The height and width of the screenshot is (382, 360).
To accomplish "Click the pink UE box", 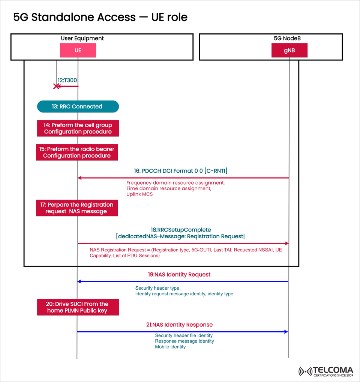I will pyautogui.click(x=78, y=50).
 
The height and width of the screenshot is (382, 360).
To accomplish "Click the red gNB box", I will pyautogui.click(x=289, y=50).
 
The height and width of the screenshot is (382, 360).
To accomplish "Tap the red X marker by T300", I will pyautogui.click(x=57, y=86).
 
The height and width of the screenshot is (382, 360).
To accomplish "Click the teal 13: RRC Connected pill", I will pyautogui.click(x=78, y=107).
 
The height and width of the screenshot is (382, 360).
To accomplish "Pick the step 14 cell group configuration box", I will pyautogui.click(x=78, y=128).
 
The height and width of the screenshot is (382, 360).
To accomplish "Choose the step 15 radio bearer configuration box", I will pyautogui.click(x=77, y=152).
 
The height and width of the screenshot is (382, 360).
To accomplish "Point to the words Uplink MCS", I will pyautogui.click(x=139, y=194).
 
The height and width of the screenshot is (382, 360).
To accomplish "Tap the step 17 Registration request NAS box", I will pyautogui.click(x=77, y=208).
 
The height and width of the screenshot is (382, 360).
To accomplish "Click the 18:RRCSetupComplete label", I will pyautogui.click(x=181, y=229).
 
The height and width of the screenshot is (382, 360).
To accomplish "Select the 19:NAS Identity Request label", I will pyautogui.click(x=179, y=275).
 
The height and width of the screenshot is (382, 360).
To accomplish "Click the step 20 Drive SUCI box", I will pyautogui.click(x=78, y=307).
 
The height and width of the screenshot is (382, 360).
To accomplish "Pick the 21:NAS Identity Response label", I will pyautogui.click(x=179, y=325).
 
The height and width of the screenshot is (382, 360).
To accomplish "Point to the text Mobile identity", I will pyautogui.click(x=170, y=347).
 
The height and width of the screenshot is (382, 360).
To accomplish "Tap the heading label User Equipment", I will pyautogui.click(x=82, y=38).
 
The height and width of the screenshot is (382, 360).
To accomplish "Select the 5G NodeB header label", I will pyautogui.click(x=287, y=38).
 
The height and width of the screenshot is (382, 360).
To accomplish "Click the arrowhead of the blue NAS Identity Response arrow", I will pyautogui.click(x=286, y=332).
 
